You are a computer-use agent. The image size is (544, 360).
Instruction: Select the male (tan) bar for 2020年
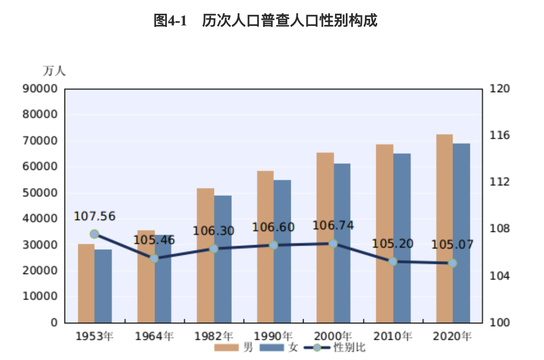pos(444,229)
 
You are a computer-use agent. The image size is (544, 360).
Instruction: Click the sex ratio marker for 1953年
pos(95,234)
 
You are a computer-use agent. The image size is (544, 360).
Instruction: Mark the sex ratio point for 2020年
pos(452,263)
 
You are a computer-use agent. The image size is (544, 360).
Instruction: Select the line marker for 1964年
pos(154,258)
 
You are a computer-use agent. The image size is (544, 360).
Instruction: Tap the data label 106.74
pos(333,225)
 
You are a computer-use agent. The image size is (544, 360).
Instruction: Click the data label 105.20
pos(392,244)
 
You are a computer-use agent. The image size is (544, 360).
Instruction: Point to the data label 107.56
pos(95,216)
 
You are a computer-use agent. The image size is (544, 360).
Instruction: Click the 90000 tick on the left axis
pos(40,89)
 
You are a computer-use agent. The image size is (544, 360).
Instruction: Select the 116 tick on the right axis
pos(499,136)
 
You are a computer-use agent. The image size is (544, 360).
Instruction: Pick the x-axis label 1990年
pos(273,336)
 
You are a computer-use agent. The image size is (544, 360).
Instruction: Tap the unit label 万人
pos(54,71)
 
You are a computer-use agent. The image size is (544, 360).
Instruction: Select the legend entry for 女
pos(293,348)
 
